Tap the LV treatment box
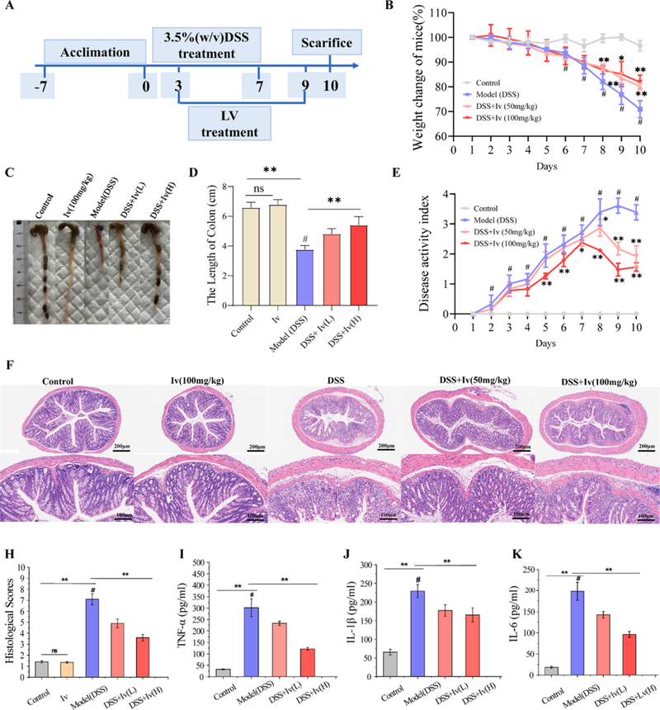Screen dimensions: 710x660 point(222,123)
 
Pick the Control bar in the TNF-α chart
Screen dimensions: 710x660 point(222,670)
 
